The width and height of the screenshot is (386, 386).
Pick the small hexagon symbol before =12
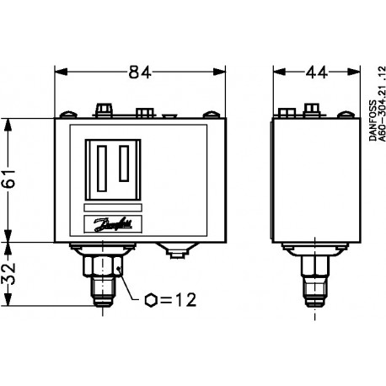tap(151, 300)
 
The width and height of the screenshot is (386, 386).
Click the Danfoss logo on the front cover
tap(110, 223)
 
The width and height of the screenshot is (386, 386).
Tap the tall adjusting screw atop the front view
tap(105, 110)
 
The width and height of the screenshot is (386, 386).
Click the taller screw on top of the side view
tap(313, 108)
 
